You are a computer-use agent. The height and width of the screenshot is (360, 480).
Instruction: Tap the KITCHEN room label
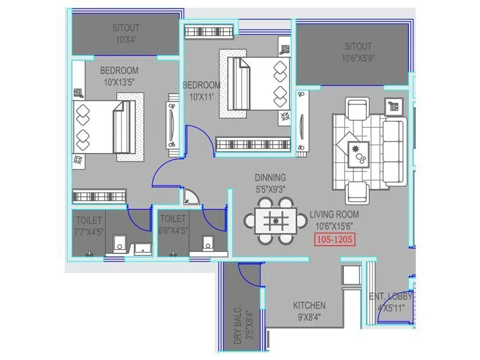309,305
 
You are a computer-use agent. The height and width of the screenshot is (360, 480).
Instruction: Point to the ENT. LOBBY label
390,297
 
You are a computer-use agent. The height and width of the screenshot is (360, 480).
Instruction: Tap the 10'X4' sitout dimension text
125,39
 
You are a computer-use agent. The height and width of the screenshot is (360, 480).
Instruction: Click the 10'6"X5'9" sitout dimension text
358,58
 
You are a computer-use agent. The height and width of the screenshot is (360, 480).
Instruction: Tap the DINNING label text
270,178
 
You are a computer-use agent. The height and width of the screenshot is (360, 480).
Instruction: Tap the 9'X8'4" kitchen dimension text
309,317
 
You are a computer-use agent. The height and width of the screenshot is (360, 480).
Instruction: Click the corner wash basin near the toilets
192,197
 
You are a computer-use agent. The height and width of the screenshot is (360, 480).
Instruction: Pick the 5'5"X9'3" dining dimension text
270,188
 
